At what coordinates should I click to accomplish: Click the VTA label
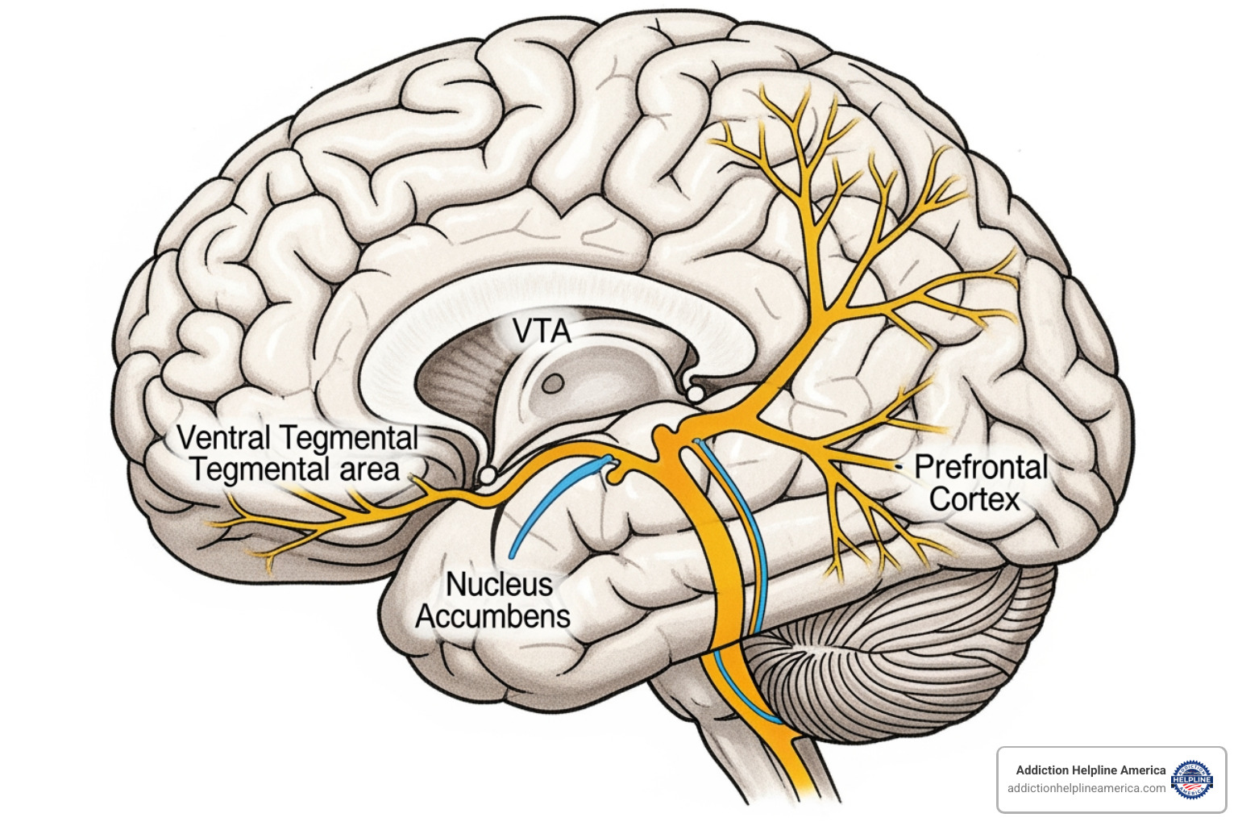click(541, 331)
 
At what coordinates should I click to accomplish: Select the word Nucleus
click(499, 584)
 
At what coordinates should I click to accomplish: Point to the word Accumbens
click(492, 616)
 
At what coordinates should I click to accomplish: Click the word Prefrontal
click(980, 467)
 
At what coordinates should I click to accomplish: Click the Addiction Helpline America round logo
click(1191, 779)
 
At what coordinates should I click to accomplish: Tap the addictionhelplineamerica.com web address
click(1086, 788)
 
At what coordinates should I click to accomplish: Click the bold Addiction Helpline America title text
click(1090, 770)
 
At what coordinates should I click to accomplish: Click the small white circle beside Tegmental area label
click(487, 476)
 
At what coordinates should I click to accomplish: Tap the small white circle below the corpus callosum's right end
click(692, 394)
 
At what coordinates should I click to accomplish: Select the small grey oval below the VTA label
click(552, 384)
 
